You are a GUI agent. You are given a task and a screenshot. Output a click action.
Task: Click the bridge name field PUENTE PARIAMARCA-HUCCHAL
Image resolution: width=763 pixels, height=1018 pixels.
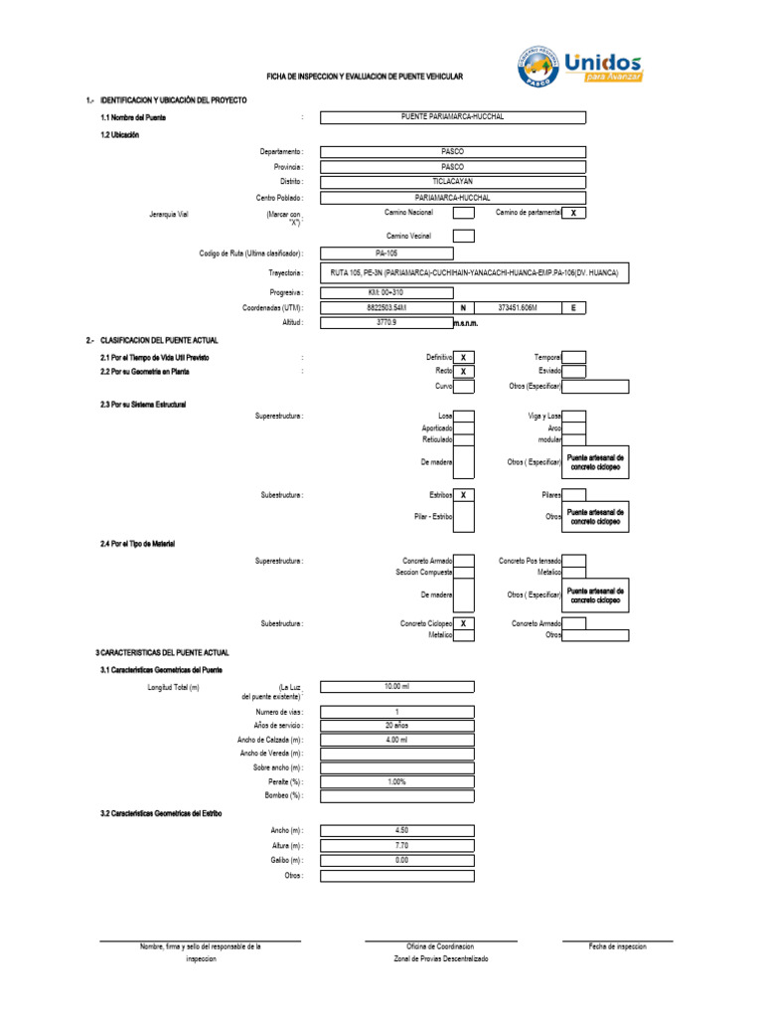[452, 117]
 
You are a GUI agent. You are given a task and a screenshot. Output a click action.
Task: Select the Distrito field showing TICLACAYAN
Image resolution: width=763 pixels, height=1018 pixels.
[452, 182]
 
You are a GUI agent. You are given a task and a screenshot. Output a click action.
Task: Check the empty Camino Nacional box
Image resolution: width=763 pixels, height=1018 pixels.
[463, 213]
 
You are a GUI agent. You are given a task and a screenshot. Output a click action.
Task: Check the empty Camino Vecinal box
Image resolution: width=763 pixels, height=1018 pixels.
[463, 236]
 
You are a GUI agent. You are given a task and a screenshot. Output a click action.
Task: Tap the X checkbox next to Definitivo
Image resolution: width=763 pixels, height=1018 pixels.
[464, 357]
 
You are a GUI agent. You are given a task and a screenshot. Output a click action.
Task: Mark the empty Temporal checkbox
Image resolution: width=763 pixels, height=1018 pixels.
[574, 357]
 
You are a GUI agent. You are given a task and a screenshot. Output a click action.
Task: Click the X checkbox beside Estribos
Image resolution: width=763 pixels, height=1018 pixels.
[464, 494]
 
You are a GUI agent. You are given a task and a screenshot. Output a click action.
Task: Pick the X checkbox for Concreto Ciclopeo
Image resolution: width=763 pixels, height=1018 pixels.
[464, 623]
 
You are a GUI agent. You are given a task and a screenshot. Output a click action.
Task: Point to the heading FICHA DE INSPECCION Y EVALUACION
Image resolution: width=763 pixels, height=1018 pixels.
[364, 77]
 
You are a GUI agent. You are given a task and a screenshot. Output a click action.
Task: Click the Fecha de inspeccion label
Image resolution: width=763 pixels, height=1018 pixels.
[617, 946]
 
